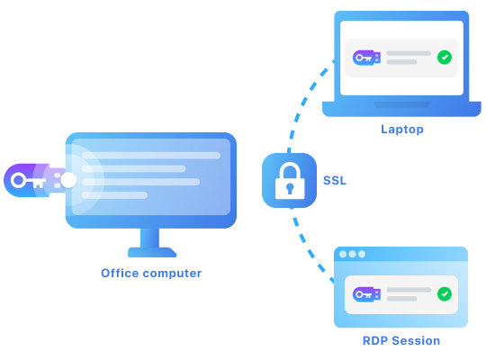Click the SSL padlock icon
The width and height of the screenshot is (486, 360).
(x=289, y=180)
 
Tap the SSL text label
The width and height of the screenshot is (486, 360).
(x=335, y=181)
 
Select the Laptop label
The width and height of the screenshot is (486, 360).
(x=402, y=130)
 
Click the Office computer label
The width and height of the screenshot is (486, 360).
(x=151, y=274)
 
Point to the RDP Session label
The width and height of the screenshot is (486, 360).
(x=401, y=341)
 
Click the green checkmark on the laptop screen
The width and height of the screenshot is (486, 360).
(x=445, y=58)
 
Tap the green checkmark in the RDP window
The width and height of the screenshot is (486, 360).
(x=445, y=294)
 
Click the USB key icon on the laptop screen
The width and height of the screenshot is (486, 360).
(x=366, y=58)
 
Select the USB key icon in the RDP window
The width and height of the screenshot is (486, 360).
(x=366, y=294)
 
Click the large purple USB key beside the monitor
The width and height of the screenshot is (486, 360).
(x=35, y=180)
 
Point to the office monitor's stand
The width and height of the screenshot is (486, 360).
(x=151, y=243)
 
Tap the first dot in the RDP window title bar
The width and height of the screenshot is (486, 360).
(x=343, y=255)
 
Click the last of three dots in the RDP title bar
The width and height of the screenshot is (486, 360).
(x=362, y=255)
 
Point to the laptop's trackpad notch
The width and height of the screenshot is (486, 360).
(x=401, y=104)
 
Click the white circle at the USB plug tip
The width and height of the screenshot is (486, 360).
(x=68, y=180)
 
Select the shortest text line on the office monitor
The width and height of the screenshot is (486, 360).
(x=114, y=195)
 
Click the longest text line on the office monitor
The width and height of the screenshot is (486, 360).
(x=151, y=156)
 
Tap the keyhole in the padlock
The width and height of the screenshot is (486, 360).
(x=290, y=188)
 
